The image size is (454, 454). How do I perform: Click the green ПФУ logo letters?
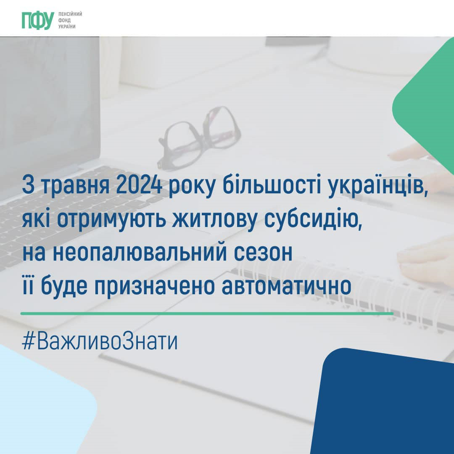(x=38, y=21)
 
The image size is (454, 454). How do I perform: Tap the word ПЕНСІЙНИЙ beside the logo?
(x=70, y=14)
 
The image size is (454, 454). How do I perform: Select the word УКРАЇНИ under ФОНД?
(x=67, y=26)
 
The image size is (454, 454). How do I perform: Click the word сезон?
(x=263, y=253)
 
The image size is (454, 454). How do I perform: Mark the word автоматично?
(x=286, y=286)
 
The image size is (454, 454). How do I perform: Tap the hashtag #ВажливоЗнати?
(x=100, y=341)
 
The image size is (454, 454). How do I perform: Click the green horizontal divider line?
(x=207, y=313)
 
